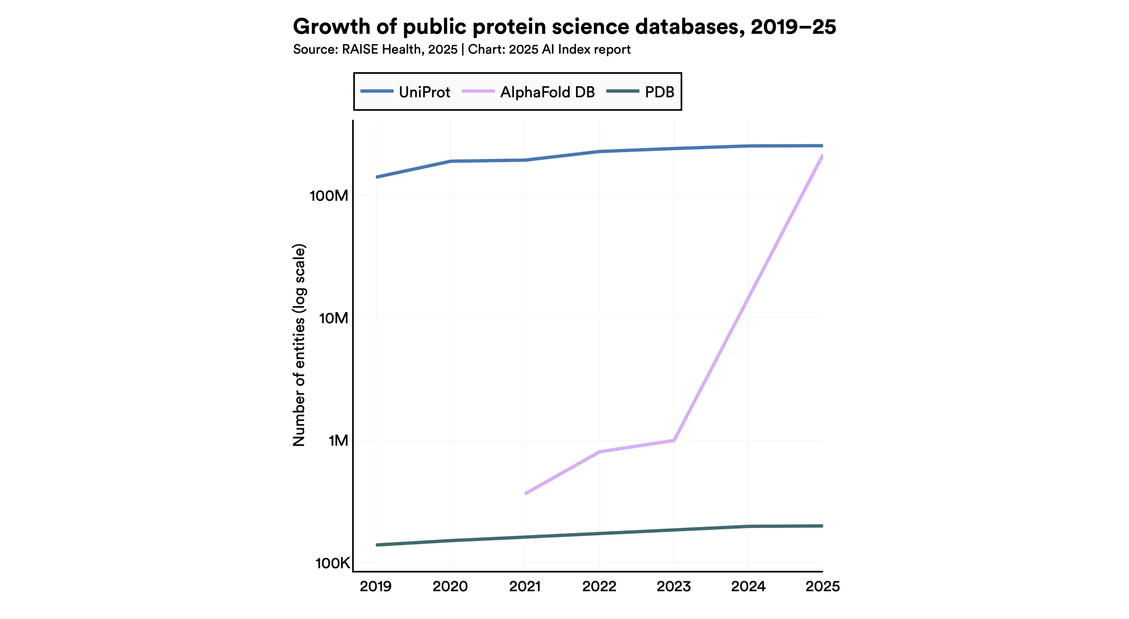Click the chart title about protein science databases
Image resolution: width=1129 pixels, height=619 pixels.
(x=564, y=27)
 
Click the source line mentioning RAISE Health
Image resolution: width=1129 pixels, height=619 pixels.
(x=462, y=49)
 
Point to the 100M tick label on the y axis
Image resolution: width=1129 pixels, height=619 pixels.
(x=329, y=196)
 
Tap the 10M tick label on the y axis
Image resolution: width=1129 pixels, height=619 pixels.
(x=333, y=318)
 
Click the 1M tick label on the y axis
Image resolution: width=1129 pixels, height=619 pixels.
(x=338, y=441)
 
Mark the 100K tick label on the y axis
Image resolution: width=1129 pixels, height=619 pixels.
(x=332, y=563)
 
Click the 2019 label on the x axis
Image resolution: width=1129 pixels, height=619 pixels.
(x=375, y=586)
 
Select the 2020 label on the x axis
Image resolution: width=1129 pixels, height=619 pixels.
(x=450, y=586)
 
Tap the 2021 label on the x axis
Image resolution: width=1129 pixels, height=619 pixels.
(x=525, y=586)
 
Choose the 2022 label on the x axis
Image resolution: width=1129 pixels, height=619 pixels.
(x=599, y=586)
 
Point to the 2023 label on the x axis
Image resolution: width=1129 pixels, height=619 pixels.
(x=674, y=586)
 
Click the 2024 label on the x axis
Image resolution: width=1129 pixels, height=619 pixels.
(x=748, y=586)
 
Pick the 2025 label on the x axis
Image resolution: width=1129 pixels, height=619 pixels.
(x=822, y=586)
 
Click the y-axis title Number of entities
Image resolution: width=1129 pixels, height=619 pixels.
(x=299, y=345)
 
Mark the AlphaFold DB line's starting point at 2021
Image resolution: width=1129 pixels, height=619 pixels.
(x=526, y=493)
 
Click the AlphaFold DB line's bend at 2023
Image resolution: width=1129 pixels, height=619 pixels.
(x=674, y=440)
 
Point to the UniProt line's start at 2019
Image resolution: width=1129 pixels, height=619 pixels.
(x=377, y=177)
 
